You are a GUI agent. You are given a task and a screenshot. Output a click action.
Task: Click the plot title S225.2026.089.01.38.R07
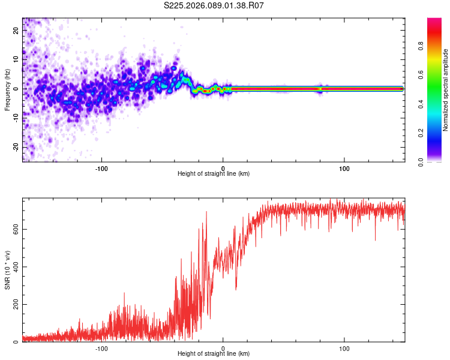coord(214,5)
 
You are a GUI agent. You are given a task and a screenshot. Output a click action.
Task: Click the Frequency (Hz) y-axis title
coord(7,90)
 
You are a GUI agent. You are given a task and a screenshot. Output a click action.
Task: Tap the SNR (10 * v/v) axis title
coord(7,271)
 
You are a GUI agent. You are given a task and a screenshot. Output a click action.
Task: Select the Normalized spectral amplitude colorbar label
coord(445,90)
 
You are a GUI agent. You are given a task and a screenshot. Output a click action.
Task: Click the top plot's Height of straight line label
coord(214,173)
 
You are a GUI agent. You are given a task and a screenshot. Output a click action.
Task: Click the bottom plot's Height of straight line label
coord(214,353)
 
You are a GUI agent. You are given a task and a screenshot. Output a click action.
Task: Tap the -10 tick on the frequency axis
coord(16,118)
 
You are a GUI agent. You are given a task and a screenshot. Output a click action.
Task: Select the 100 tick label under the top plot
coord(344,167)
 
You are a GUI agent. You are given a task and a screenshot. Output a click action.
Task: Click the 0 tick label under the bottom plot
coord(223,347)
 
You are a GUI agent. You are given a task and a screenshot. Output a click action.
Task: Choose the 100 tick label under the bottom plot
coord(344,347)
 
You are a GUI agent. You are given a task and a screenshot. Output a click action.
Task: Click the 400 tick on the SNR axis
coord(16,266)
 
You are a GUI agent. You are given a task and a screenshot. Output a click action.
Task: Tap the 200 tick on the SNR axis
coord(16,304)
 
